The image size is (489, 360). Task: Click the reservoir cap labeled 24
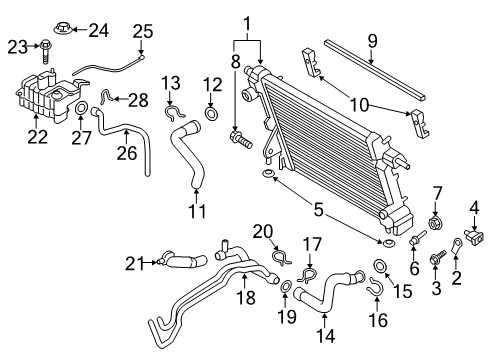pyautogui.click(x=61, y=29)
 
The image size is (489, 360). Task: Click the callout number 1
pyautogui.click(x=243, y=19)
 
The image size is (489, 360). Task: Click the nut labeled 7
pyautogui.click(x=436, y=221)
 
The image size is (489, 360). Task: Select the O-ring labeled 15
pyautogui.click(x=382, y=267)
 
